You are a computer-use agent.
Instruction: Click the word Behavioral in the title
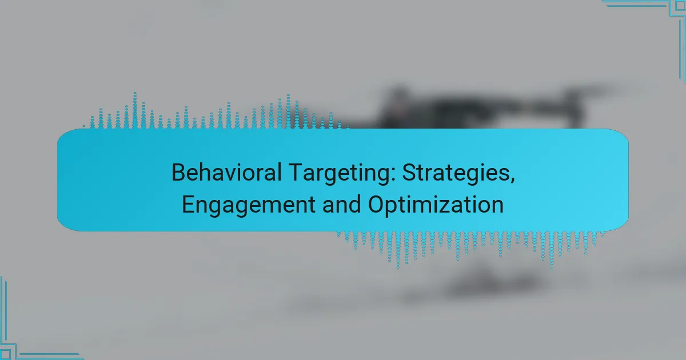(x=226, y=173)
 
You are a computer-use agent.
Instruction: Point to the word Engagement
(x=249, y=205)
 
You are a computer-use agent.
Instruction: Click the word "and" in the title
(x=341, y=205)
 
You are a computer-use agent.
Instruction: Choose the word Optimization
(x=436, y=205)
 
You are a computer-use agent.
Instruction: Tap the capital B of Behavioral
(x=178, y=173)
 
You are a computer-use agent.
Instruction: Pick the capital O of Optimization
(x=376, y=205)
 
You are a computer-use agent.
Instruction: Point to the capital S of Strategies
(x=409, y=173)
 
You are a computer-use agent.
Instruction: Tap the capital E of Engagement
(x=189, y=205)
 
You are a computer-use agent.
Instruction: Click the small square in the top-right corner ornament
(x=680, y=6)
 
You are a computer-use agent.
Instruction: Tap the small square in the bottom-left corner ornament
(x=5, y=355)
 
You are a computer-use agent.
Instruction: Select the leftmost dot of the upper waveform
(x=84, y=126)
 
